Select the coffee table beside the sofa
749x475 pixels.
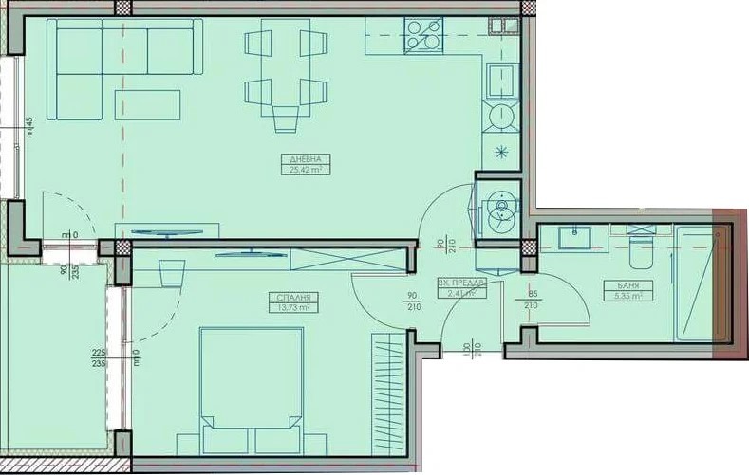click(147, 104)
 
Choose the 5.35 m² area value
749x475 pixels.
click(627, 296)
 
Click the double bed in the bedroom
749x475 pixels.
click(251, 389)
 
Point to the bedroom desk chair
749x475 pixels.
click(171, 271)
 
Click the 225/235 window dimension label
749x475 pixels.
click(96, 356)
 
